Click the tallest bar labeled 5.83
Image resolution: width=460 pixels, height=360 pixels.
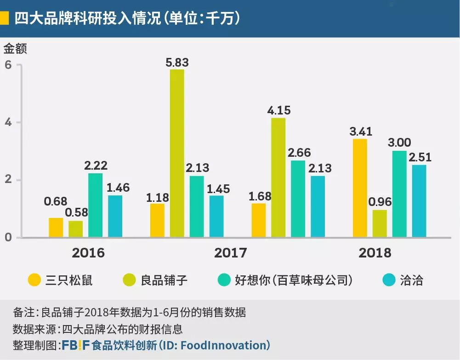(177, 153)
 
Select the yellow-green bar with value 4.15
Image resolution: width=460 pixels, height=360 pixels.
(278, 177)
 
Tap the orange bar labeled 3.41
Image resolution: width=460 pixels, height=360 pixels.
(360, 188)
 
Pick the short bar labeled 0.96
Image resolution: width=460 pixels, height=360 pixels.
(380, 223)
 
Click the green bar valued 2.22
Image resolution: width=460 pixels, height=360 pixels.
(95, 205)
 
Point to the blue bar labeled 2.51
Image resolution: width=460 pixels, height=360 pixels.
(419, 201)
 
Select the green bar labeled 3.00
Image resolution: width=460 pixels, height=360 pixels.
(399, 194)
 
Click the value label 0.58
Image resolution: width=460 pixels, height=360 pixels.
(76, 213)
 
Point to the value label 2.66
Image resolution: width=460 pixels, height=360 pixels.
(299, 153)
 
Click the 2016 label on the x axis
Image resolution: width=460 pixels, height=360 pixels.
(88, 253)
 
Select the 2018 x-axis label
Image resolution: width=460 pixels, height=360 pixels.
(375, 253)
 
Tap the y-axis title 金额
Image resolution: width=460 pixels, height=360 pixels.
(16, 48)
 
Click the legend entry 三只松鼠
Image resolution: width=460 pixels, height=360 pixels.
(69, 280)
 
